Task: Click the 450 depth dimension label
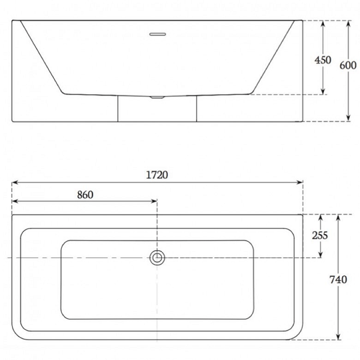click(323, 60)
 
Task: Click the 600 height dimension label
click(348, 65)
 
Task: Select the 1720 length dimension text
click(157, 175)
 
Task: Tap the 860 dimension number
click(85, 195)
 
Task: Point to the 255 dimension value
click(320, 235)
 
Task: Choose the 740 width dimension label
click(338, 280)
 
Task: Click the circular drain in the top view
click(157, 257)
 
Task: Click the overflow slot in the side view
click(157, 34)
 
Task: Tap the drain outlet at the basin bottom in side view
click(157, 97)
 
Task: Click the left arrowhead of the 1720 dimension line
click(14, 182)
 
